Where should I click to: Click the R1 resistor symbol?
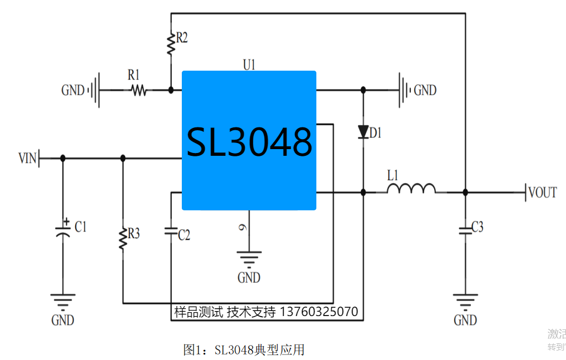point(137,90)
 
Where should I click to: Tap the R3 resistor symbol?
point(123,238)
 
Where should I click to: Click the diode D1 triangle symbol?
point(363,132)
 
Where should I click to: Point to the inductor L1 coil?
point(411,189)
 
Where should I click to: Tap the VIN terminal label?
point(27,159)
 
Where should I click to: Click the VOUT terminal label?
point(543,193)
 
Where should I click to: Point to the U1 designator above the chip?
point(249,65)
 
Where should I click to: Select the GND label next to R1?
point(73,90)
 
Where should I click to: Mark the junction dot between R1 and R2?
point(171,90)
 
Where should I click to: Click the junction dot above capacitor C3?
point(465,192)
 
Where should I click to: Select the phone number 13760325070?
point(319,312)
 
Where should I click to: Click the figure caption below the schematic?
point(244,350)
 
